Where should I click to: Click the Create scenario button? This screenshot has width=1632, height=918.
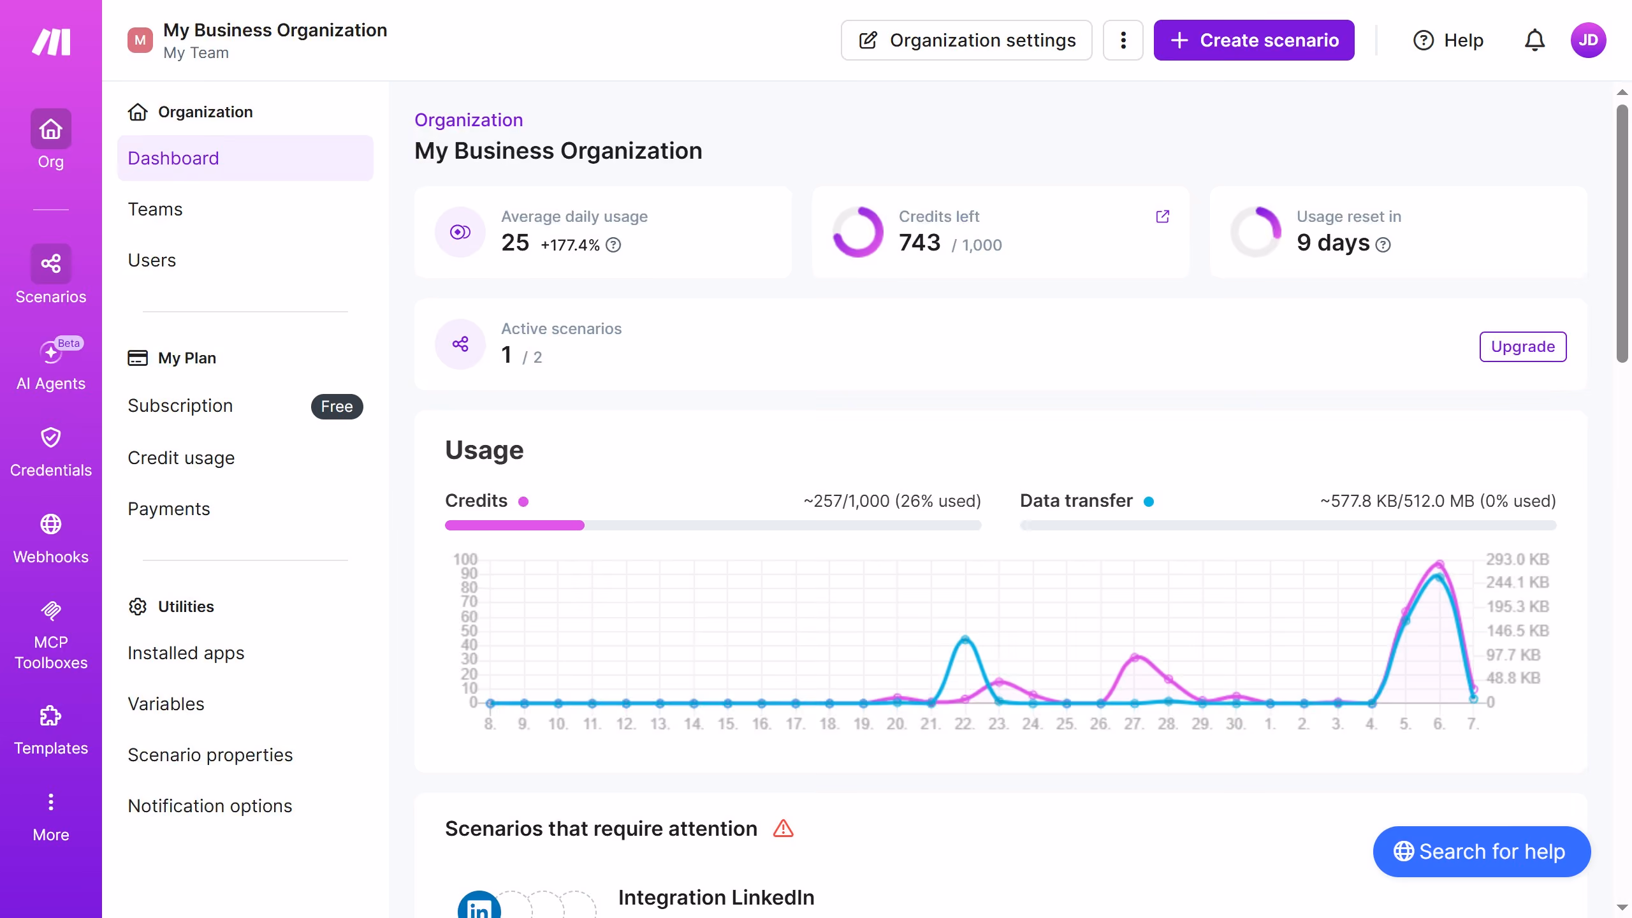coord(1254,40)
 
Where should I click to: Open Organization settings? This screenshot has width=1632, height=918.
coord(966,40)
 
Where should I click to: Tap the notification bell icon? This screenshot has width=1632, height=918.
coord(1534,40)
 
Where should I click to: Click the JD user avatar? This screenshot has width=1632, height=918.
coord(1588,40)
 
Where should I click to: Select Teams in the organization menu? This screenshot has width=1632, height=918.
coord(155,209)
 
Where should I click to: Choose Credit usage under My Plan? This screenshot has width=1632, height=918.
coord(181,458)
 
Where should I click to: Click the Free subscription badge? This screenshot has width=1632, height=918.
coord(337,407)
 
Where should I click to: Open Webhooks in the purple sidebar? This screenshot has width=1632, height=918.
coord(51,539)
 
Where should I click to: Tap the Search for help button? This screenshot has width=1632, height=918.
coord(1482,852)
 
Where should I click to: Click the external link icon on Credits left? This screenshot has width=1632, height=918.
coord(1163,217)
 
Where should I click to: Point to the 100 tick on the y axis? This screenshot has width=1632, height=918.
coord(465,559)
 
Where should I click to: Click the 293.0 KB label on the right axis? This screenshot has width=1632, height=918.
coord(1517,559)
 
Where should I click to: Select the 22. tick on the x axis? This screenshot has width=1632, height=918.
coord(964,724)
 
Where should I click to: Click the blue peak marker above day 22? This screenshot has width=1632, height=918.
coord(965,639)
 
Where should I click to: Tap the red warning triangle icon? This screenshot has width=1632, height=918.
coord(783,829)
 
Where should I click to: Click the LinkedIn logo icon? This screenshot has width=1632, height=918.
coord(479,905)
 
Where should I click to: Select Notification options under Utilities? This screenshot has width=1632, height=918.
coord(210,806)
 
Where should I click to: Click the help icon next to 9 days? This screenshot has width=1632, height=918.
coord(1383,245)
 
